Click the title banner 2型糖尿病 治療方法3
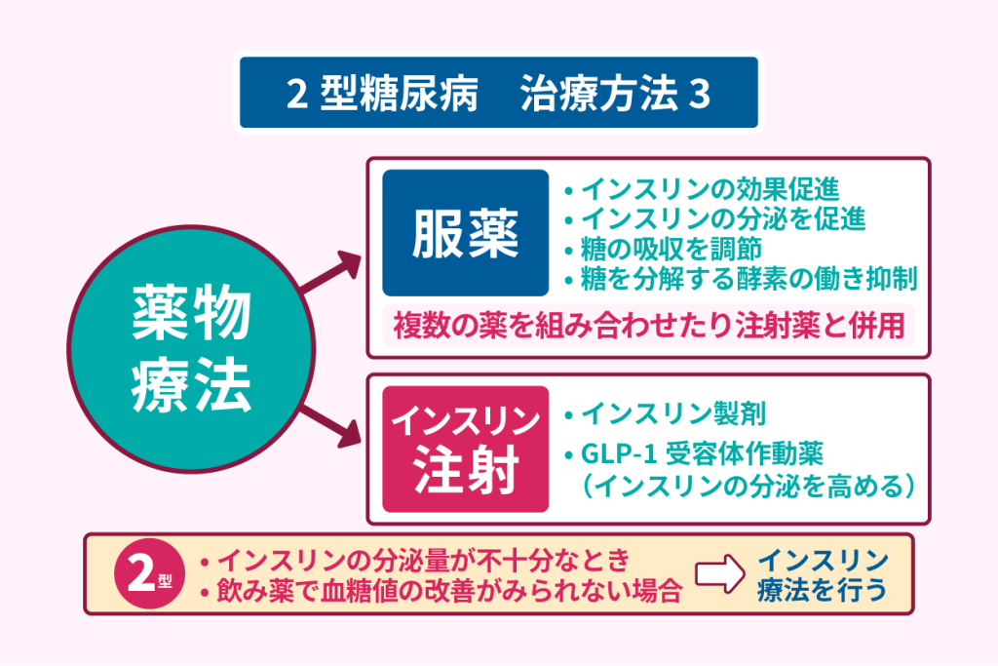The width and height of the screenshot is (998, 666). tap(498, 93)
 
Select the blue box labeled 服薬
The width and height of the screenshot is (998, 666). tap(465, 233)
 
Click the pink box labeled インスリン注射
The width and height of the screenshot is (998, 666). tap(465, 450)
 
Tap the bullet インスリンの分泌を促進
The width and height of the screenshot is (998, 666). tap(722, 218)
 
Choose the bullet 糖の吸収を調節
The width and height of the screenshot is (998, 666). tap(670, 249)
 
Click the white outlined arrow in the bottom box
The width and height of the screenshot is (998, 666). tap(718, 574)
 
